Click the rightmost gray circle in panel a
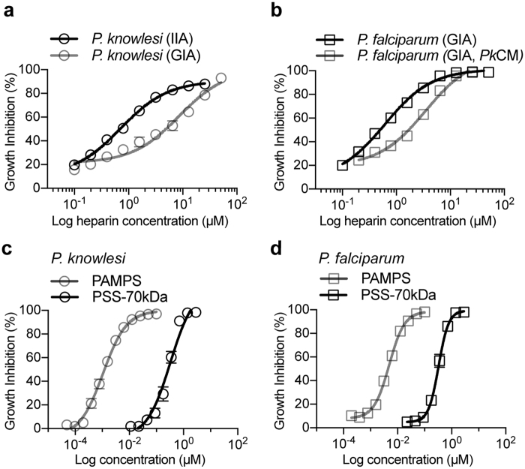point(220,78)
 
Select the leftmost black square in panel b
point(343,164)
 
